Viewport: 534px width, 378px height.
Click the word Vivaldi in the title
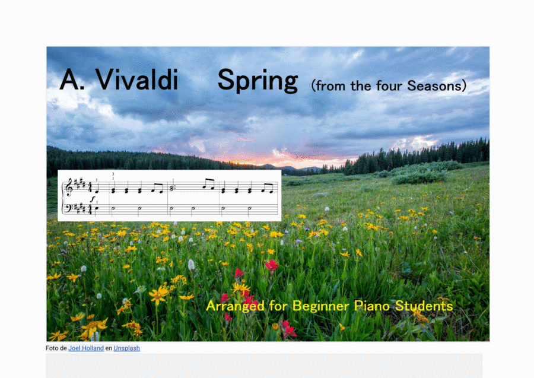pos(136,80)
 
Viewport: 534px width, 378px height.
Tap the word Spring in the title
pos(258,80)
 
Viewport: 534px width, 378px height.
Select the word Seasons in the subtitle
pos(437,86)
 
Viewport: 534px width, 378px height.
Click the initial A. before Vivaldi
pos(72,80)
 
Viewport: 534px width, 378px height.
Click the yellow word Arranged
pos(236,306)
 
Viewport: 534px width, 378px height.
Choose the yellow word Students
pos(424,306)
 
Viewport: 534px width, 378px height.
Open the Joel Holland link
pos(86,348)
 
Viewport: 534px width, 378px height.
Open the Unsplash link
pos(127,348)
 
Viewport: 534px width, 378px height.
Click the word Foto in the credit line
pos(52,348)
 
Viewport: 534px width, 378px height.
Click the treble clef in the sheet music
pos(69,188)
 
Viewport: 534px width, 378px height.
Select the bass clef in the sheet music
pos(68,208)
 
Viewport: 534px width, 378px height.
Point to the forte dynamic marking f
pos(93,199)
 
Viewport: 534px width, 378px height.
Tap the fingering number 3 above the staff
pos(113,174)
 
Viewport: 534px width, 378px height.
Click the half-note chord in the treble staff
pos(171,188)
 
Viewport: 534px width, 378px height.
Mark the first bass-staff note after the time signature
pos(96,208)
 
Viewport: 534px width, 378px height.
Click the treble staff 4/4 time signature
pos(90,187)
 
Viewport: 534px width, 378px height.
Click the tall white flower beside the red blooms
pos(191,265)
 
